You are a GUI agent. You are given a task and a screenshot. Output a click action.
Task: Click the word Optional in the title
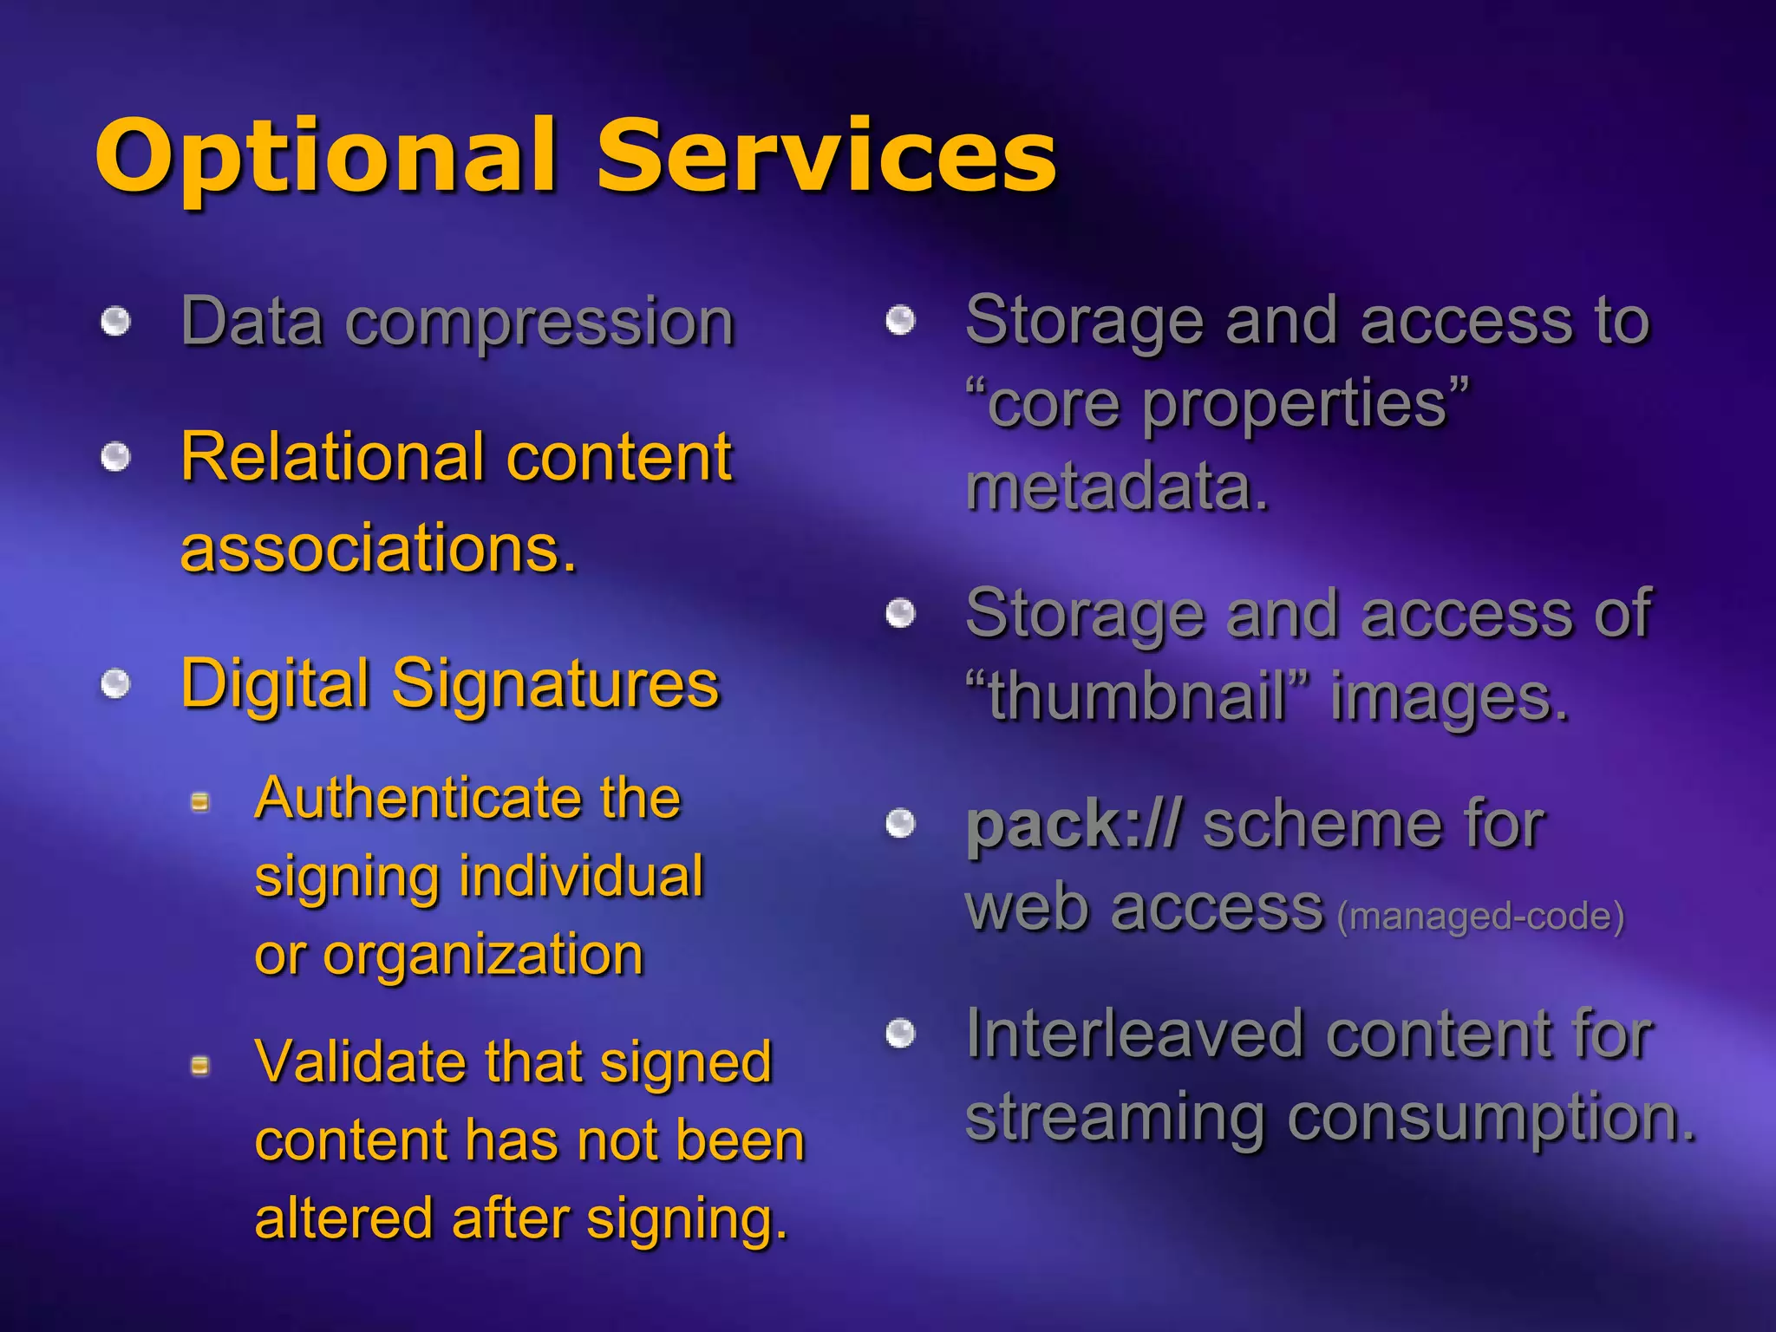325,156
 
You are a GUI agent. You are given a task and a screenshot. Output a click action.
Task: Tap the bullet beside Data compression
115,323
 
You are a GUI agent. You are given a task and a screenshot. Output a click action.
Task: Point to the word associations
378,549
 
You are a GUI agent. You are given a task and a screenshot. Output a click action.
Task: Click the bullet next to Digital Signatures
115,684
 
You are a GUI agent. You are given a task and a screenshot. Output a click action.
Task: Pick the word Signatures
555,685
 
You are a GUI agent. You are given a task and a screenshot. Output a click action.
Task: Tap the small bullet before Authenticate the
200,802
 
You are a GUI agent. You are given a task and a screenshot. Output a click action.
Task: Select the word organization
483,956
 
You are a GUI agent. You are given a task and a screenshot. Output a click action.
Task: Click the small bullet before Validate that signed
200,1065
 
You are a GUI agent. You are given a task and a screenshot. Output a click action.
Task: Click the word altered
344,1218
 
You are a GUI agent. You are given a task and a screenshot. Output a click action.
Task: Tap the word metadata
1117,487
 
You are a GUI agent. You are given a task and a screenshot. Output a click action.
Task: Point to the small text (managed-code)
1480,917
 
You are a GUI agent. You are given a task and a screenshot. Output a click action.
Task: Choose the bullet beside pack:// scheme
901,823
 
